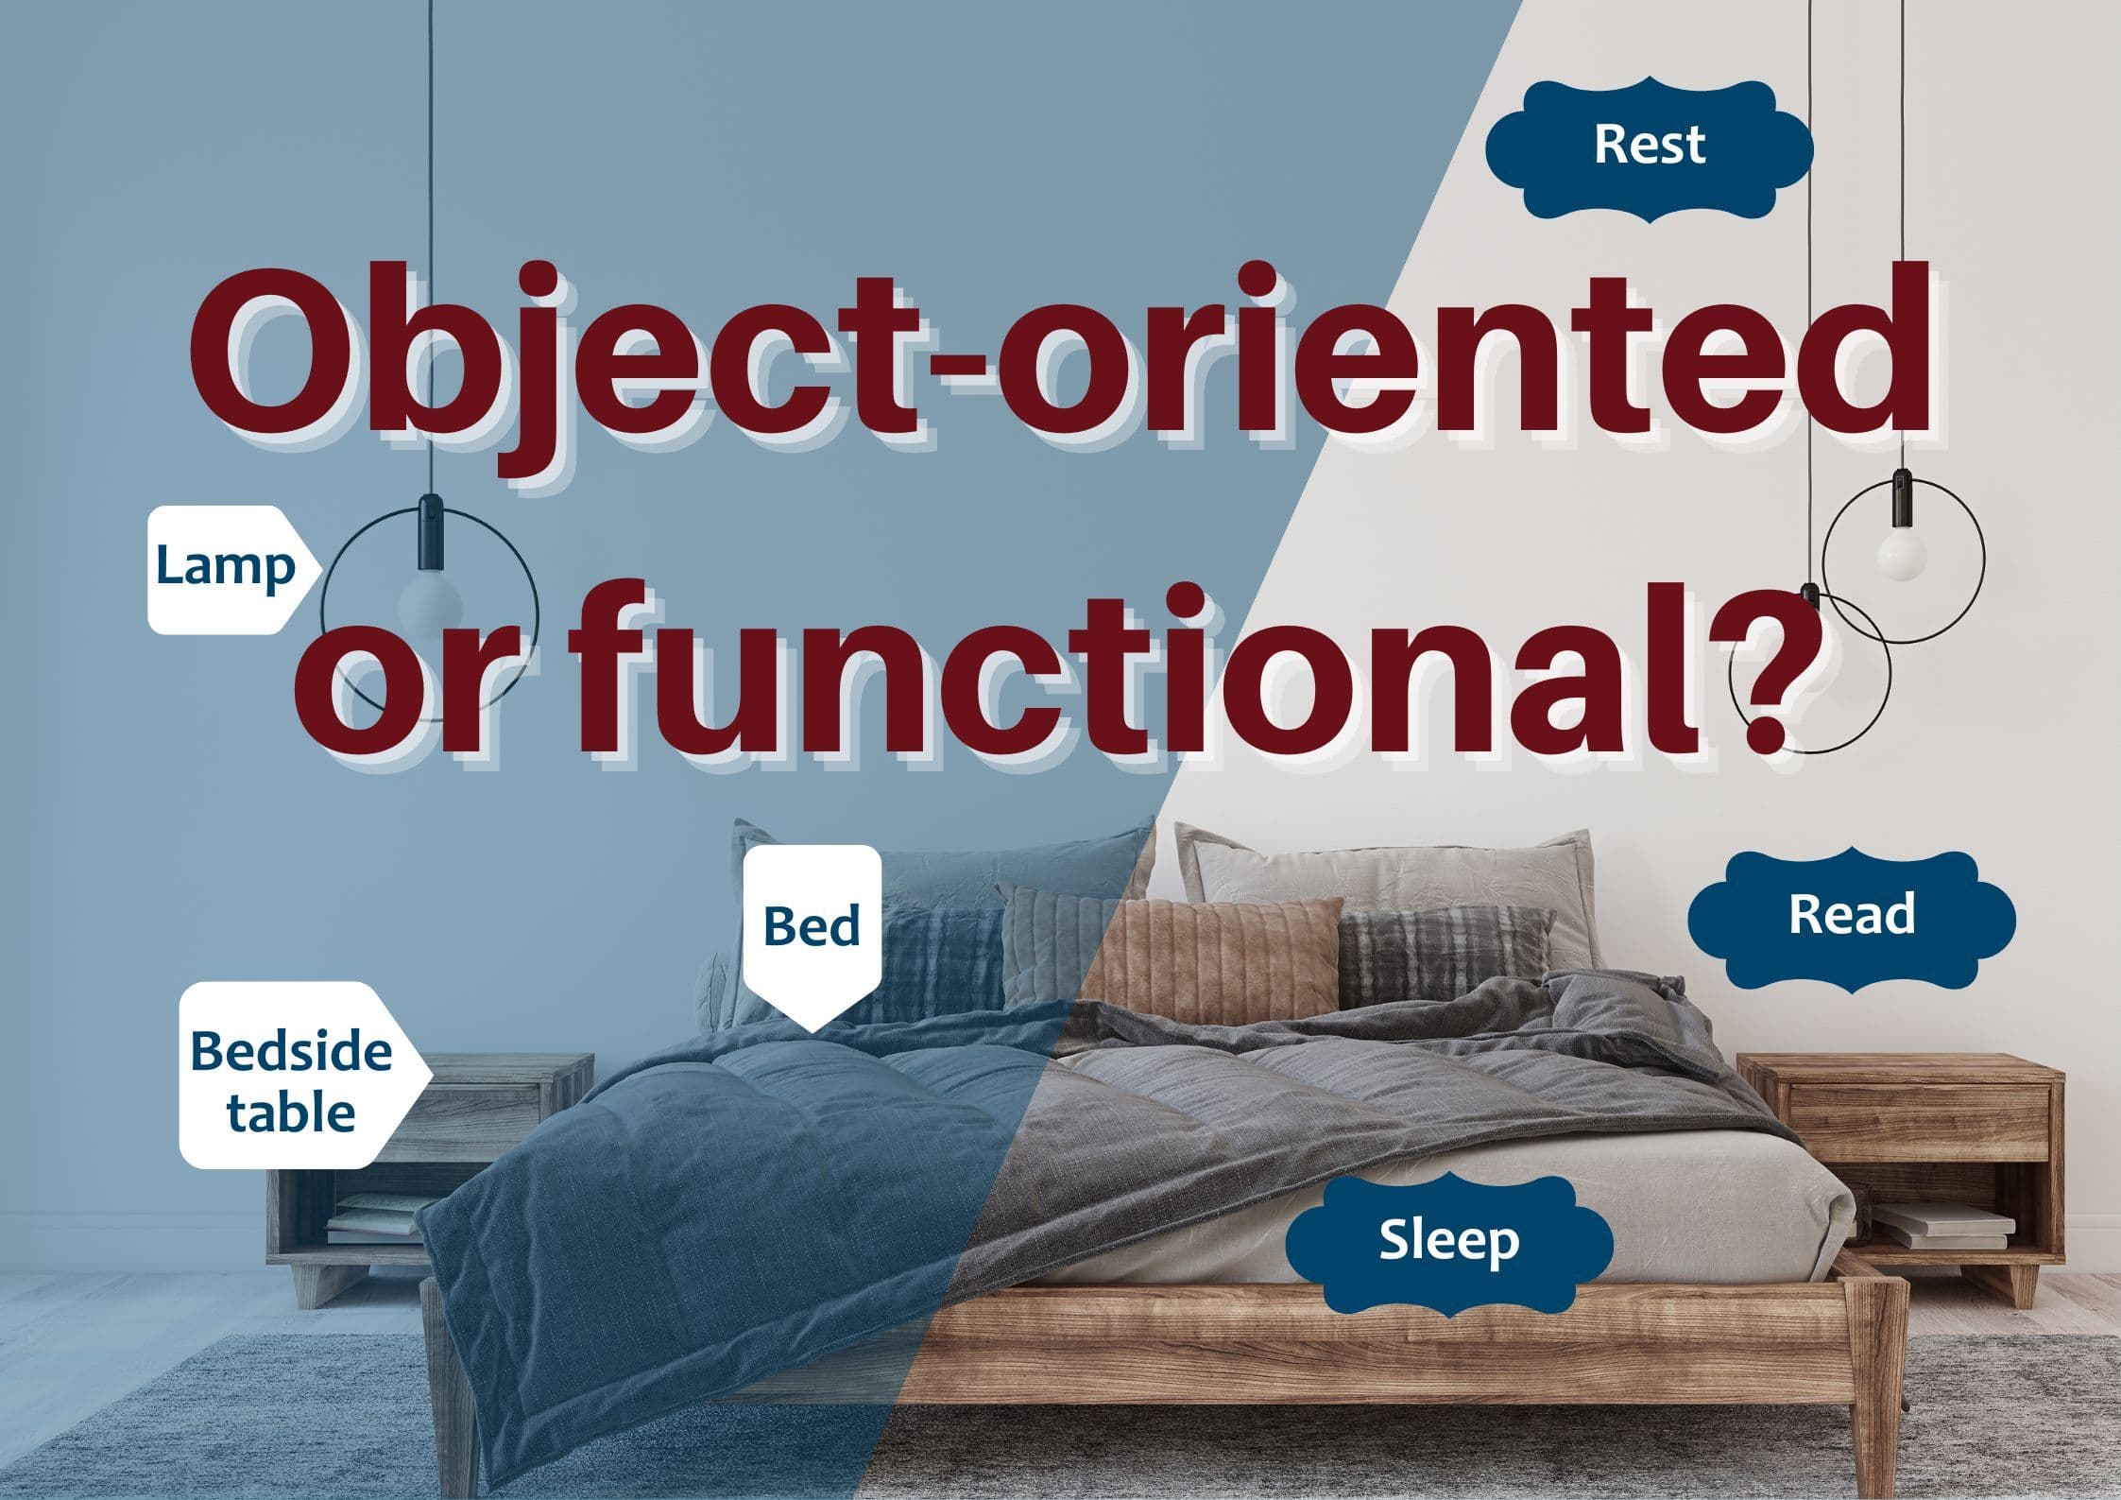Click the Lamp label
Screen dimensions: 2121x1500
point(231,569)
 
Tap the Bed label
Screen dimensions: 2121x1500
point(812,936)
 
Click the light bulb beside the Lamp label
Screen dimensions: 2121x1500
point(430,605)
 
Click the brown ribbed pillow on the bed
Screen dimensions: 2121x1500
point(1219,959)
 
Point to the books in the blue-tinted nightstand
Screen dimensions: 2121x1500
point(373,1219)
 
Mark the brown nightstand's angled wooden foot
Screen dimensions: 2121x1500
point(2024,1285)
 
